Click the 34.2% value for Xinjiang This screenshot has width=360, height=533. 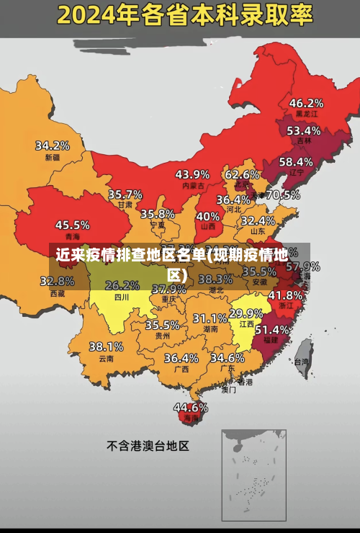[53, 145]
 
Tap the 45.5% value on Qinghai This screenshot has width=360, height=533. [73, 225]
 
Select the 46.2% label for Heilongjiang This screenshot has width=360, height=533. [306, 103]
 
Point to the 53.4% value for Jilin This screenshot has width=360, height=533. [303, 130]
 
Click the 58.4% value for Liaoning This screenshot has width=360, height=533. [296, 161]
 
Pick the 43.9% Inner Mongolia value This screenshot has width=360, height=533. [192, 174]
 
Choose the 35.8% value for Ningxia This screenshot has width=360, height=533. [158, 214]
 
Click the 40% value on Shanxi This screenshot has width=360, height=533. [208, 216]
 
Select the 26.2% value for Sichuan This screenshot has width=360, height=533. [122, 285]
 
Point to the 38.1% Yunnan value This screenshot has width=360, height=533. [106, 346]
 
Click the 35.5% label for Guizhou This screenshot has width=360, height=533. [162, 325]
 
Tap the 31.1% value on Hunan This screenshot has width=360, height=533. [210, 318]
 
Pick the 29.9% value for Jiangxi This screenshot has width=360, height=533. [246, 313]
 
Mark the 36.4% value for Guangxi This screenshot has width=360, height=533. [181, 357]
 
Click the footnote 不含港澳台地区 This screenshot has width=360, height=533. [148, 446]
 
